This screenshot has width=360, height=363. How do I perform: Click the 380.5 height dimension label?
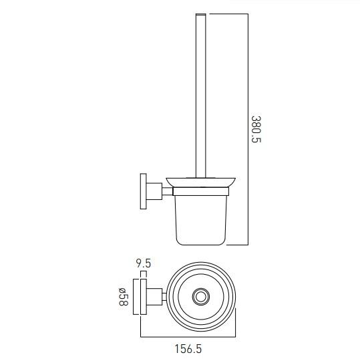(256, 129)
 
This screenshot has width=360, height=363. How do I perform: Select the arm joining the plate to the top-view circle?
(156, 296)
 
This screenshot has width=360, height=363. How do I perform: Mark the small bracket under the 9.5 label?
(143, 274)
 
